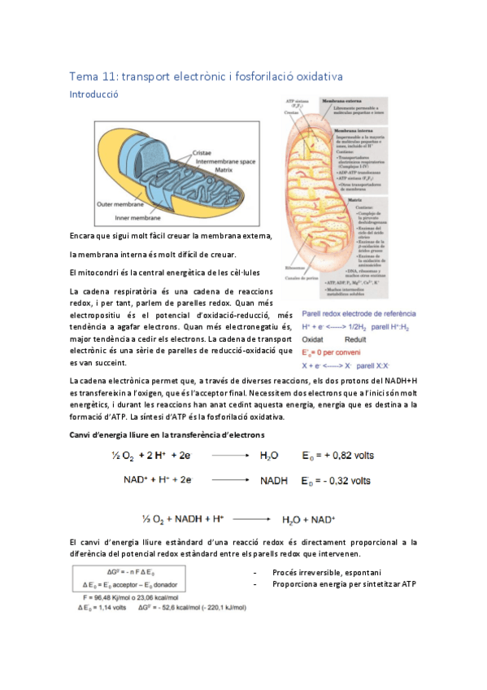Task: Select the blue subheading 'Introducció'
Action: coord(94,94)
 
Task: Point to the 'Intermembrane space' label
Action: coord(220,162)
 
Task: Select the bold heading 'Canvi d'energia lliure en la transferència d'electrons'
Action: coord(167,435)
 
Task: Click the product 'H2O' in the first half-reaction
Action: coord(269,457)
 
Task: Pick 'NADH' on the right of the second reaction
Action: coord(274,481)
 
